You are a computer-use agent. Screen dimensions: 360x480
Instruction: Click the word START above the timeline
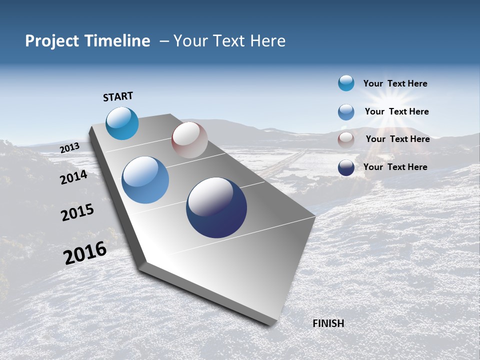[x=118, y=96]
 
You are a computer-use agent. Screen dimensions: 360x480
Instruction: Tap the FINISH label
[x=328, y=323]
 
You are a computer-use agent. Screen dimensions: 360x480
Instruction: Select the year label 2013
[x=70, y=148]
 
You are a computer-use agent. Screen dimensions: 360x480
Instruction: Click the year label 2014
[x=74, y=177]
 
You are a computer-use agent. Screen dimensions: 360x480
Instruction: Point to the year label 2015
[x=77, y=212]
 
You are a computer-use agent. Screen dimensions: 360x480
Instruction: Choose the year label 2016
[x=85, y=253]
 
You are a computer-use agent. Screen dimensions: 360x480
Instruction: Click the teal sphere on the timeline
[x=122, y=123]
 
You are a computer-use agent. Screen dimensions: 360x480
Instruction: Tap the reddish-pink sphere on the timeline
[x=189, y=140]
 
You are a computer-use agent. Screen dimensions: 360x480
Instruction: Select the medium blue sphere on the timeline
[x=145, y=180]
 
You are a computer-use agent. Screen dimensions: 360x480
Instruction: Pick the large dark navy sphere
[x=216, y=207]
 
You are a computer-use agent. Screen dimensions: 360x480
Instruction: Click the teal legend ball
[x=346, y=83]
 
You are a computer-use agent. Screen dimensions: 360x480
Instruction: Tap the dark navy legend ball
[x=346, y=167]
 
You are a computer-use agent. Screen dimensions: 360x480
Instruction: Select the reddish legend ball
[x=346, y=140]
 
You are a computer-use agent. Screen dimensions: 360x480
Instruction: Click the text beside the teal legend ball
[x=395, y=83]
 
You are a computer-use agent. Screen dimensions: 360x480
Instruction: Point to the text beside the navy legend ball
[x=395, y=167]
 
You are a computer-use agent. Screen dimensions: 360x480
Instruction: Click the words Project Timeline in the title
[x=87, y=41]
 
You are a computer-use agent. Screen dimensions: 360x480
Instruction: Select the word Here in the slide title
[x=267, y=41]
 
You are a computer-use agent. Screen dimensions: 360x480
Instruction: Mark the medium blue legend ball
[x=346, y=112]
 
